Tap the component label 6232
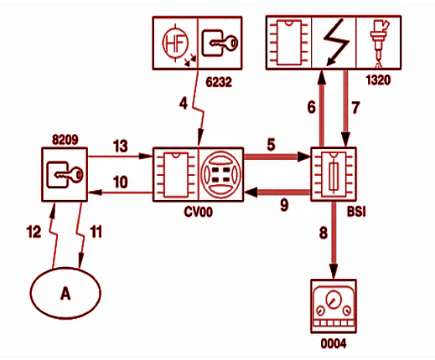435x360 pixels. pos(219,82)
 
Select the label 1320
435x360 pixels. pos(378,80)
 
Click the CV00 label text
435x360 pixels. pos(199,212)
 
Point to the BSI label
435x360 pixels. pos(356,211)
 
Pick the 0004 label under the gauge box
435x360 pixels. pos(334,343)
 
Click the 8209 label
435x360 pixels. pos(65,140)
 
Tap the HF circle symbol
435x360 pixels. pos(175,43)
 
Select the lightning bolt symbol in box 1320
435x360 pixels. pos(335,43)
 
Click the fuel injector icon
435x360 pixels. pos(379,42)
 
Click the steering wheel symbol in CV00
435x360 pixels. pos(220,174)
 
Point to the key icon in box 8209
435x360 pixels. pos(65,175)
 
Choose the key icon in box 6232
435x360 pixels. pos(220,44)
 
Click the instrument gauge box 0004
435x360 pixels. pos(334,306)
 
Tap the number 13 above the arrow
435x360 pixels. pos(121,146)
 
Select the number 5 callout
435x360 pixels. pos(271,145)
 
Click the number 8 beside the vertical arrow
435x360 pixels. pos(324,233)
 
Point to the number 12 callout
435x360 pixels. pos(34,232)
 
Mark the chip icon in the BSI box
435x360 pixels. pos(334,174)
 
